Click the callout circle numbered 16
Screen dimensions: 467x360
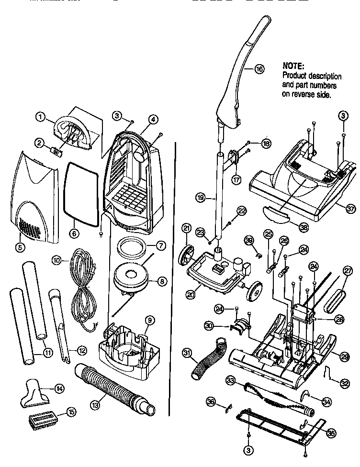(x=259, y=69)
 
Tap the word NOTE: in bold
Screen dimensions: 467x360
(x=293, y=66)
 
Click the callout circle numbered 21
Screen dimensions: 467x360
(x=187, y=229)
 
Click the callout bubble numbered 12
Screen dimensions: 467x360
(x=82, y=351)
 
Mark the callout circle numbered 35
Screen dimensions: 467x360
(x=330, y=432)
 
